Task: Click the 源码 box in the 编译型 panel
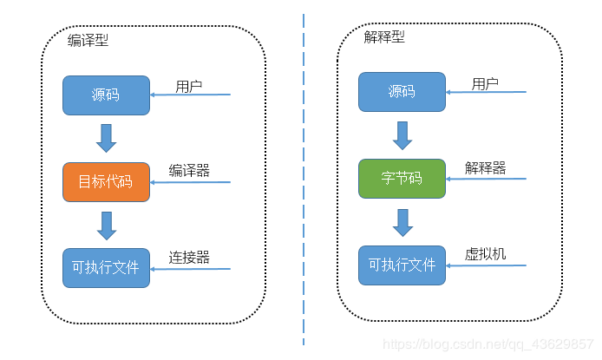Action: point(106,95)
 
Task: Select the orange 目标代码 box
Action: point(106,181)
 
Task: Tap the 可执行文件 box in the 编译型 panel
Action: point(106,267)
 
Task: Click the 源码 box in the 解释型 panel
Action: point(402,92)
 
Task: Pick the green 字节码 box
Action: point(402,178)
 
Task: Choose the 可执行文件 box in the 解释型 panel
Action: point(402,265)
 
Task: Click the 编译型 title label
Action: point(88,41)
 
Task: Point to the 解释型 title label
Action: point(383,37)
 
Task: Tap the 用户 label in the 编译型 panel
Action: point(189,87)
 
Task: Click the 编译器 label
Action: point(189,171)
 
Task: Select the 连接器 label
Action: point(189,258)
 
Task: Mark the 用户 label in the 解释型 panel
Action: point(485,84)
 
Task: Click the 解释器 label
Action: point(485,167)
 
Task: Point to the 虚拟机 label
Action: point(485,254)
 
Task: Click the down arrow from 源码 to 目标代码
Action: point(107,138)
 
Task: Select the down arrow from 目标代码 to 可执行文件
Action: point(107,224)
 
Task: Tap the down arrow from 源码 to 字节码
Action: point(402,134)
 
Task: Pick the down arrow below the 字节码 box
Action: point(402,221)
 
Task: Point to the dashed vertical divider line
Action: point(304,173)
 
